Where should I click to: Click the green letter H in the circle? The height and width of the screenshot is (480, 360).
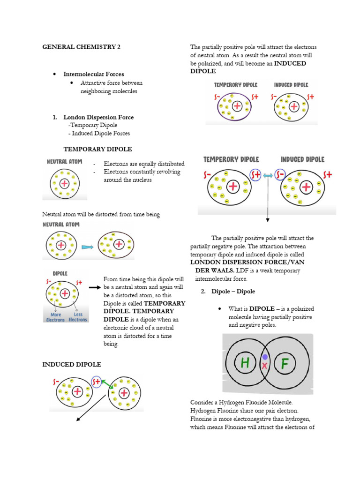245,362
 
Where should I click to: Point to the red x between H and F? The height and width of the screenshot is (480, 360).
264,366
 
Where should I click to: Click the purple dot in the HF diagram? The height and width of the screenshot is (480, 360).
265,357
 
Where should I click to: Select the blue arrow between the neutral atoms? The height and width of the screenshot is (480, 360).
88,246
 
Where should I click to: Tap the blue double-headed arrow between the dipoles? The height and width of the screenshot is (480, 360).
268,175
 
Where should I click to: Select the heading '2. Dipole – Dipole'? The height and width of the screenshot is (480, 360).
228,291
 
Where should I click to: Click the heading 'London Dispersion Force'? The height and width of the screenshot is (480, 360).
98,117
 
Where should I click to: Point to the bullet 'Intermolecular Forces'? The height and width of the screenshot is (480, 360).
94,74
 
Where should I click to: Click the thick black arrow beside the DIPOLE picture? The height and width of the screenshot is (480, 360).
95,287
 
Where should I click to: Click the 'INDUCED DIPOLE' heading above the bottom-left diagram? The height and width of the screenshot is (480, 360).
72,364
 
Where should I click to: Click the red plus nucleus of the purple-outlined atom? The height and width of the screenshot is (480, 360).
237,106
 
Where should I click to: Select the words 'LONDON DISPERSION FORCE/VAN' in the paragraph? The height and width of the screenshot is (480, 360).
245,262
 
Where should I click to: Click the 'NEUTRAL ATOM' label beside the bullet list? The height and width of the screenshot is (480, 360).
64,161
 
